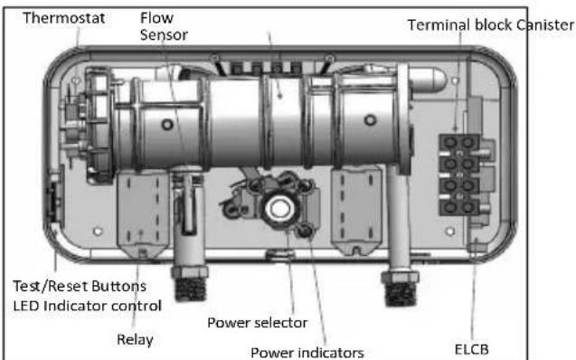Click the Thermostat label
click(64, 18)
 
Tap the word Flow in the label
click(156, 17)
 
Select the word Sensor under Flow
click(164, 35)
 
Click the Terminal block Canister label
click(491, 25)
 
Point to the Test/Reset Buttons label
click(80, 286)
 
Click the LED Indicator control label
click(88, 306)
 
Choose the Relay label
click(135, 340)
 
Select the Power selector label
click(258, 323)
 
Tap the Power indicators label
click(307, 353)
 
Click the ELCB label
click(472, 349)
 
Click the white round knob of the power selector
click(280, 209)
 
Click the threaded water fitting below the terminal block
click(401, 289)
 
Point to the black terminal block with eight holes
click(459, 175)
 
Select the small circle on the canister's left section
click(167, 124)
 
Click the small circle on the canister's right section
click(370, 119)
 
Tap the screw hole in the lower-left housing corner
click(98, 232)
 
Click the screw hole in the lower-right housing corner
click(450, 231)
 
